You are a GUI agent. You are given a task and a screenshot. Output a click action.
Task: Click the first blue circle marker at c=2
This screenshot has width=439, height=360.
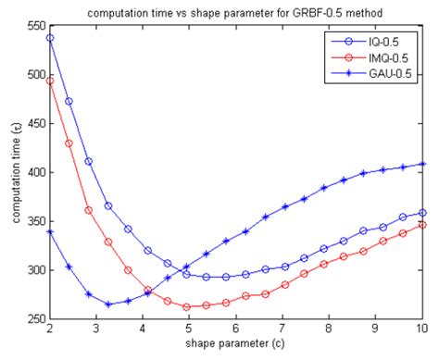tap(49, 38)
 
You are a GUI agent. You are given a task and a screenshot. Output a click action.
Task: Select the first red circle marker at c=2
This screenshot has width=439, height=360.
tap(49, 81)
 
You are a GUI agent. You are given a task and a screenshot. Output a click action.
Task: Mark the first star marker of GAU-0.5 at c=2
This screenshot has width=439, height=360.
tap(49, 231)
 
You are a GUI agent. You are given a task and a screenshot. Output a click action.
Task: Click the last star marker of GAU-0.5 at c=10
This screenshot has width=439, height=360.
tap(422, 164)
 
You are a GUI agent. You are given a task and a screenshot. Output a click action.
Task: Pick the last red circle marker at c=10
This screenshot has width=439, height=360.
tap(422, 225)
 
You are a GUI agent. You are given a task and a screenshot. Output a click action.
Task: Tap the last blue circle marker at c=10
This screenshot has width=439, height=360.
tap(422, 213)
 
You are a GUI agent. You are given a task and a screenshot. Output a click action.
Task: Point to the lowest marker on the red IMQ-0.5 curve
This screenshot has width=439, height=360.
tap(187, 306)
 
